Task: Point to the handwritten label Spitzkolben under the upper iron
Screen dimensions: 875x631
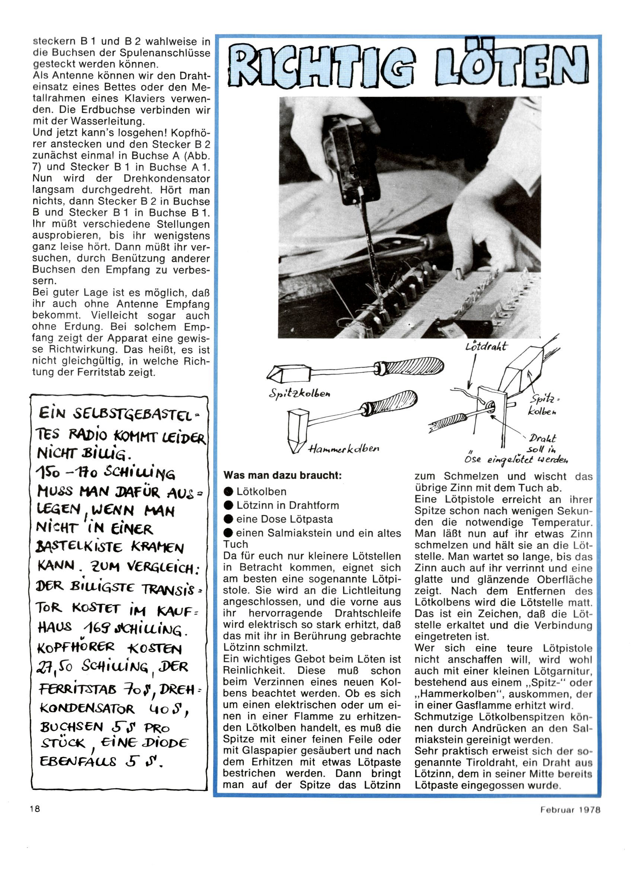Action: pos(300,394)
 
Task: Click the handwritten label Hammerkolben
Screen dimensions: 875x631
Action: pos(343,448)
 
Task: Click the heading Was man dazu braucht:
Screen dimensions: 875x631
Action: pos(282,476)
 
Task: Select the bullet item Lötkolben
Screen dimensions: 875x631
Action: pos(261,492)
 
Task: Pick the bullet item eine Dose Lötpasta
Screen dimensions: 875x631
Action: pos(284,519)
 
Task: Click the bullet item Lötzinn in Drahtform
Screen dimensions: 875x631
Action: pos(288,506)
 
